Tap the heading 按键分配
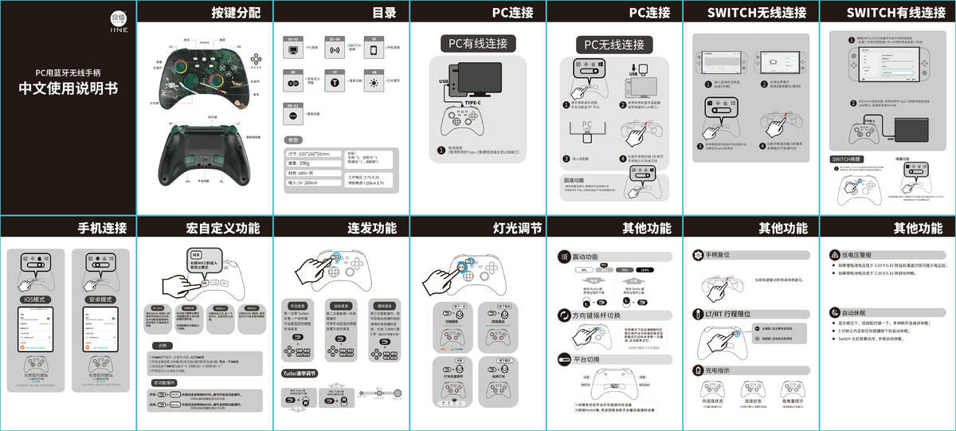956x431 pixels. click(x=235, y=13)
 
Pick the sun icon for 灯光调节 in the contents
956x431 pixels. click(x=373, y=82)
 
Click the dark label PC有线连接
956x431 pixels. click(x=478, y=43)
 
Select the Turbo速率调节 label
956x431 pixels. click(x=308, y=373)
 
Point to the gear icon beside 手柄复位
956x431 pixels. click(x=699, y=256)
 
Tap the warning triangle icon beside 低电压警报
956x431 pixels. click(x=835, y=255)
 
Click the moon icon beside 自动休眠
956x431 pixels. click(x=835, y=313)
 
